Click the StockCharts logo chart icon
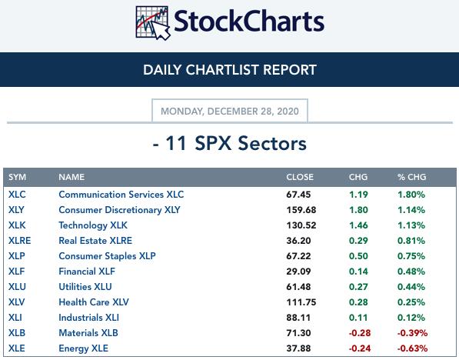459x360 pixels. [x=152, y=23]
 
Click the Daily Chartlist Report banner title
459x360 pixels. [x=230, y=70]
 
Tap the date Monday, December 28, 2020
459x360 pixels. [x=230, y=112]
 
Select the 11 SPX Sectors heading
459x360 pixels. [x=229, y=144]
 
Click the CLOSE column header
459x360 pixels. [x=300, y=177]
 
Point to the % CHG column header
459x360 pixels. [x=411, y=177]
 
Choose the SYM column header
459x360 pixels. [x=17, y=177]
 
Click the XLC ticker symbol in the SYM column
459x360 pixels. [x=17, y=195]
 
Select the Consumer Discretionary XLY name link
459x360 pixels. [x=119, y=210]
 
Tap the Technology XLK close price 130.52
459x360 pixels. [x=301, y=225]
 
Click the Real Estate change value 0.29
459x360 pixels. [x=358, y=241]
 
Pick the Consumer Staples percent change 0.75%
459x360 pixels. [x=411, y=256]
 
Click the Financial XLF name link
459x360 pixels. [x=87, y=272]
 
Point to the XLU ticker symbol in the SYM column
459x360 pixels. [x=17, y=287]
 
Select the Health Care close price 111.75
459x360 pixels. [x=301, y=302]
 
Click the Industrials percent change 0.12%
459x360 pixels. [x=411, y=318]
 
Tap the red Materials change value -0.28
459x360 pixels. [x=360, y=333]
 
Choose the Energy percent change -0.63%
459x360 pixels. [x=412, y=348]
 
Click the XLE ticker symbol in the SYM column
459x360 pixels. [x=17, y=348]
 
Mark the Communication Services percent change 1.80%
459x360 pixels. [x=411, y=195]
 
